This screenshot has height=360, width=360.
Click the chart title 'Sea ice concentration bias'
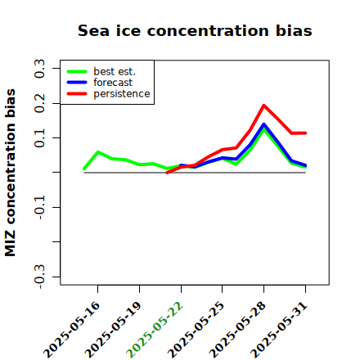tap(195, 30)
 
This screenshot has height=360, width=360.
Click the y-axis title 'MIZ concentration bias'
tap(11, 173)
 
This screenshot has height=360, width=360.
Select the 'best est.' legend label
tap(115, 71)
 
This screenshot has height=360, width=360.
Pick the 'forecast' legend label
tap(113, 83)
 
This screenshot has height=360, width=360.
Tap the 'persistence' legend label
tap(122, 94)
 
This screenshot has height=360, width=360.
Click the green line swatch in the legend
tap(77, 71)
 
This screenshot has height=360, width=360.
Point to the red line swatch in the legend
tap(77, 94)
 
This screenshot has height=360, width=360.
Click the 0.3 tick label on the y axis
tap(40, 68)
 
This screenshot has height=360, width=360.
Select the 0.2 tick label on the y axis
tap(40, 103)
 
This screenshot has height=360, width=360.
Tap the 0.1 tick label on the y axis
tap(40, 137)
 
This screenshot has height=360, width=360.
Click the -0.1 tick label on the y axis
tap(40, 207)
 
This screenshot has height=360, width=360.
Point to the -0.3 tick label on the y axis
tap(40, 277)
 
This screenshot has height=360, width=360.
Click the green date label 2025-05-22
tap(155, 330)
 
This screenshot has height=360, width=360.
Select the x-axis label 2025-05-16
tap(71, 330)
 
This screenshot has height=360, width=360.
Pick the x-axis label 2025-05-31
tap(279, 330)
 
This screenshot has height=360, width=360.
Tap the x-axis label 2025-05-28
tap(237, 330)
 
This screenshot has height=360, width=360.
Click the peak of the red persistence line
tap(263, 106)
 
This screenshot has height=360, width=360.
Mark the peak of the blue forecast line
tap(263, 124)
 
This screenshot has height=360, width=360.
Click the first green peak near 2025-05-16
tap(98, 151)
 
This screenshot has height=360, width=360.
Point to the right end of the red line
tap(305, 133)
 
